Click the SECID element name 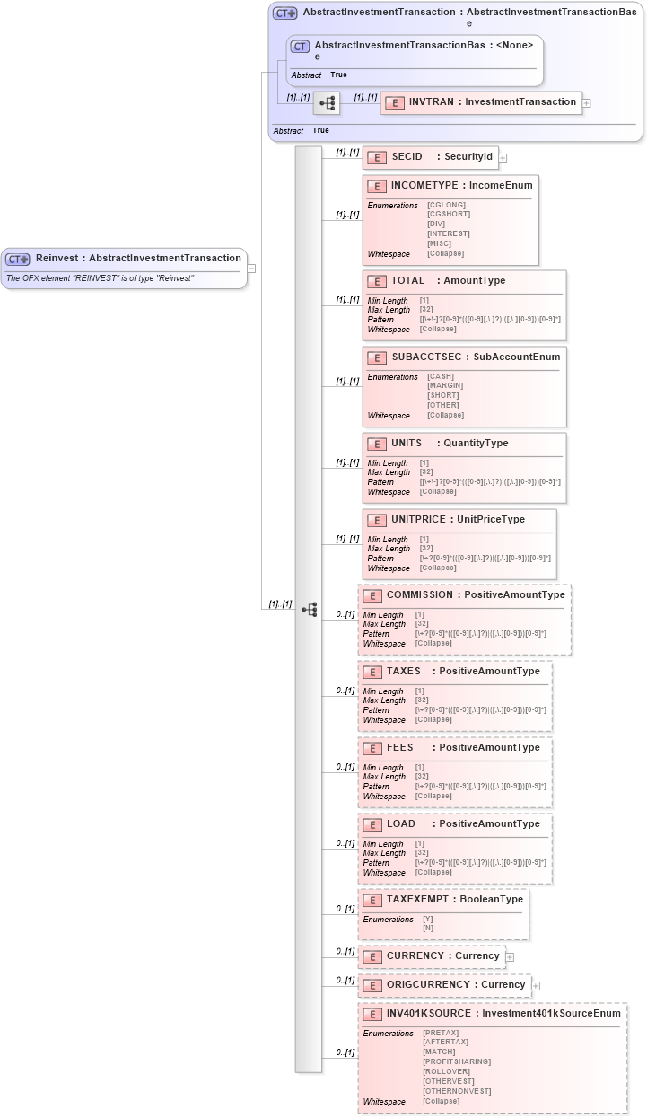click(x=407, y=157)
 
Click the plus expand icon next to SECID click(x=503, y=158)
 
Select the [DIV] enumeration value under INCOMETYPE click(x=437, y=224)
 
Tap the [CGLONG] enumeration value click(x=447, y=205)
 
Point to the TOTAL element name click(x=407, y=281)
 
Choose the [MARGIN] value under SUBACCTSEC click(x=445, y=386)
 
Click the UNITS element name click(x=407, y=444)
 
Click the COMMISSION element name click(x=419, y=595)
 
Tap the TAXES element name click(x=403, y=672)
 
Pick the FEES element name click(x=400, y=748)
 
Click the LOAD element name click(x=400, y=824)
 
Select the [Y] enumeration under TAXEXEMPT click(x=427, y=920)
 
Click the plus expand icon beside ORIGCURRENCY click(x=536, y=986)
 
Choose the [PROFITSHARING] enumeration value click(x=457, y=1061)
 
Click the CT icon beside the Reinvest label click(x=18, y=259)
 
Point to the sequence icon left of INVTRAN click(x=327, y=103)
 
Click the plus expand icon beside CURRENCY click(x=510, y=957)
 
